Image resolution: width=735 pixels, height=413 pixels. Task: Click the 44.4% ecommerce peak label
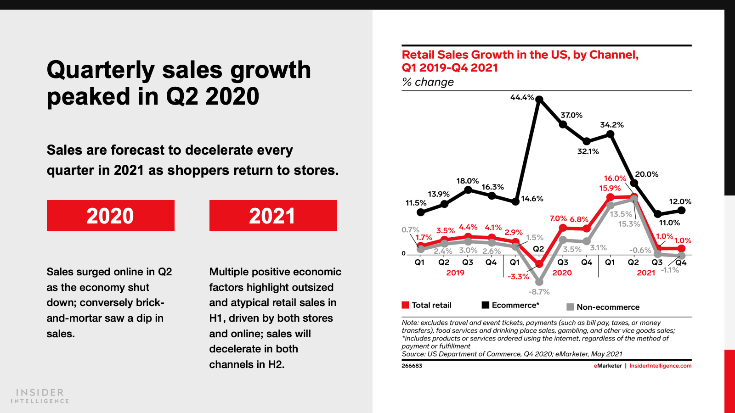522,97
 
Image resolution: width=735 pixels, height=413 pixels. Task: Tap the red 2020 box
110,216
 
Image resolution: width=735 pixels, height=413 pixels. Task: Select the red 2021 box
273,216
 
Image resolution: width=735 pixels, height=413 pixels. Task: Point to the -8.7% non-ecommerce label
539,292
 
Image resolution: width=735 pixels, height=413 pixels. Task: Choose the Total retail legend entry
426,305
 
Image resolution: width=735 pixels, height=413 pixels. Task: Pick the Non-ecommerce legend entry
603,307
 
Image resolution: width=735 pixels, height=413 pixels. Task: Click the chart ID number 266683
412,366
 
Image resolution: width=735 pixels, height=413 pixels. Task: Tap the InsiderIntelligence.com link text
660,366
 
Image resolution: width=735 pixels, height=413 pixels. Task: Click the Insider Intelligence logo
40,396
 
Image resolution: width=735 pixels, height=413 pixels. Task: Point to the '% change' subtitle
428,82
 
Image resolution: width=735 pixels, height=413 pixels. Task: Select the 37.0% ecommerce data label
571,115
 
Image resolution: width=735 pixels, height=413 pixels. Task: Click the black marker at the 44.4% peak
539,100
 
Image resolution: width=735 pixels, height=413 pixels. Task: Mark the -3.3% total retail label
518,277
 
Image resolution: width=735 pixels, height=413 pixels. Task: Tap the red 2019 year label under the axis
455,273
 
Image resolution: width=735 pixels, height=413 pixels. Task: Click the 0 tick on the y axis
404,253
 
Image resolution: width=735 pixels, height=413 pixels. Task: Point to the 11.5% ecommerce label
416,203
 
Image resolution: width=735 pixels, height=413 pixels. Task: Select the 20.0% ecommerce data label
646,174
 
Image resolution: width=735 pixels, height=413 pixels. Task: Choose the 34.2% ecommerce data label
611,125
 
